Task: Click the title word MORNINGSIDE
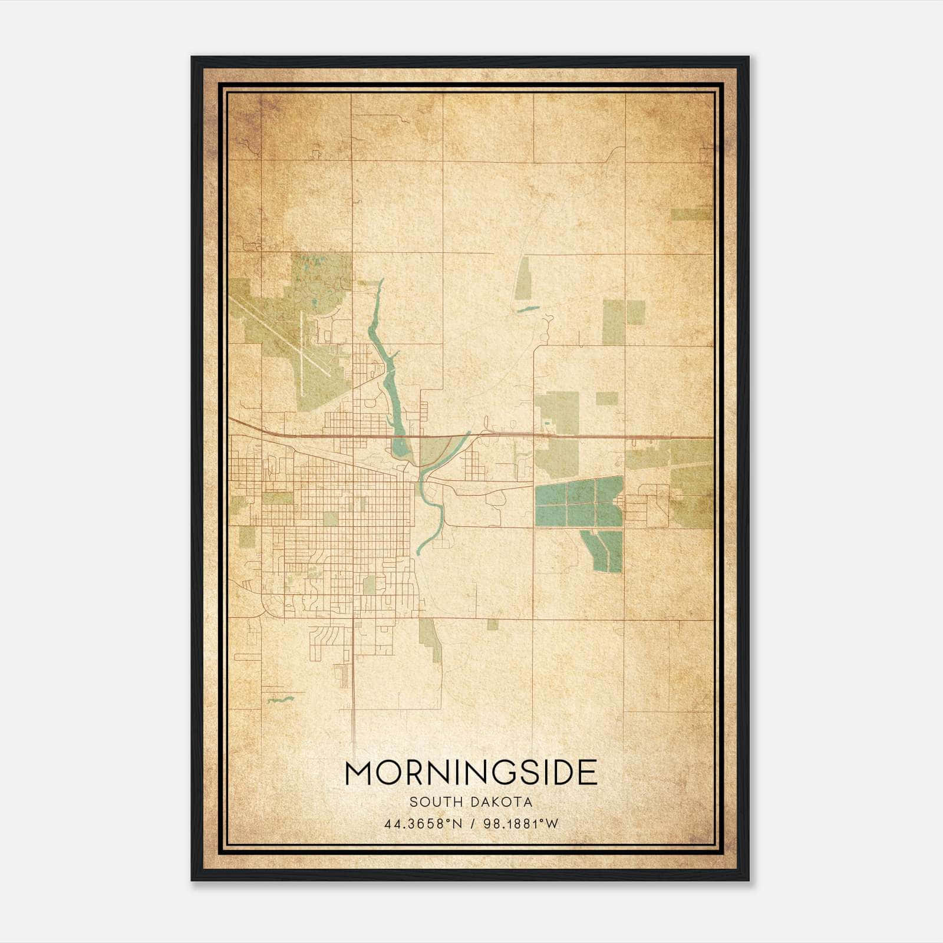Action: [471, 773]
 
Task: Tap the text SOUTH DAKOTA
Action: [471, 802]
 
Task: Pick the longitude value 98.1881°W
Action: [520, 824]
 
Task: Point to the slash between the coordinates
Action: [473, 824]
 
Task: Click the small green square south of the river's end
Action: [492, 624]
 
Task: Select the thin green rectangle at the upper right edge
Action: [691, 215]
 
